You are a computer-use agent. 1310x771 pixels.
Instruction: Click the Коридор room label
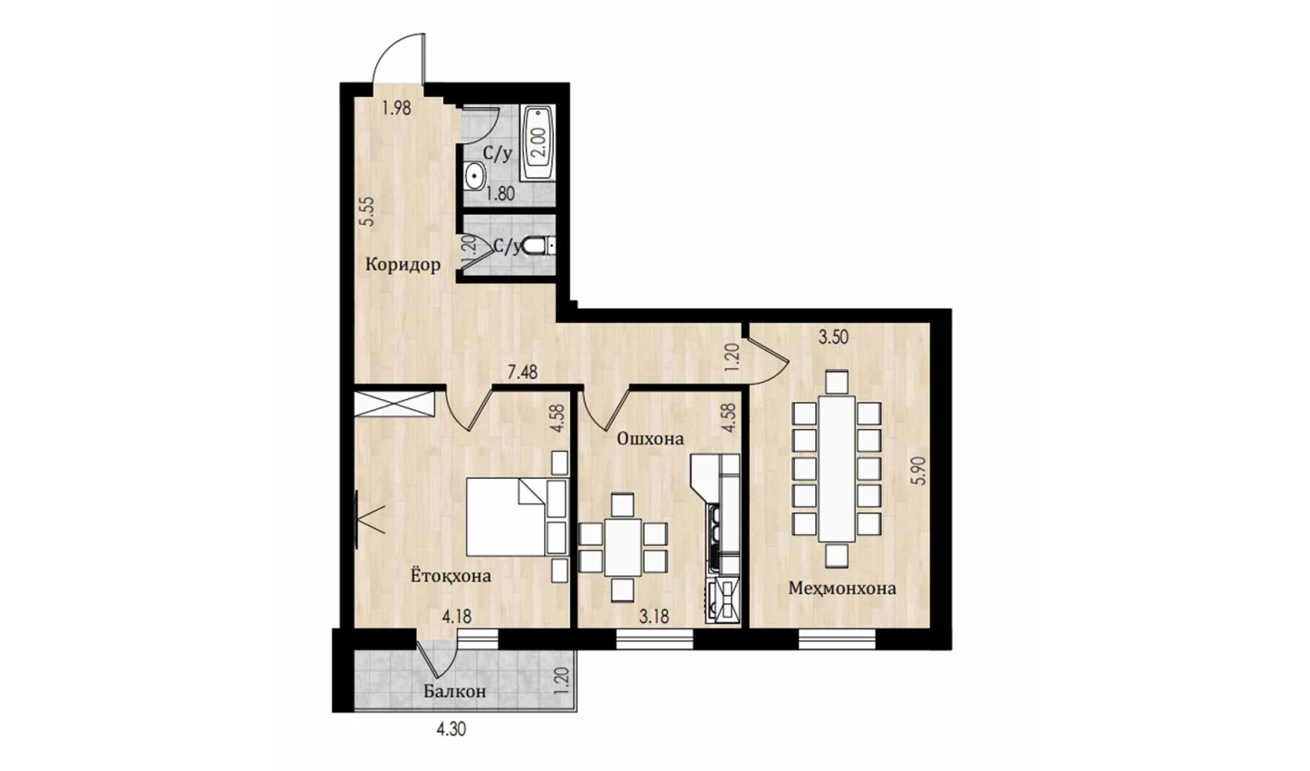point(403,265)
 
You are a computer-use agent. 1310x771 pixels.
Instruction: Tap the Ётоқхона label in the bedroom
point(451,576)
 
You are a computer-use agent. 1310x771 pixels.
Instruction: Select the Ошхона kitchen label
point(650,438)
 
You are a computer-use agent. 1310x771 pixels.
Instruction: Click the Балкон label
point(454,691)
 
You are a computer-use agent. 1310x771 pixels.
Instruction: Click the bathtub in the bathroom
point(537,142)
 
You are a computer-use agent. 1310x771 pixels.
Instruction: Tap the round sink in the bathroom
point(474,175)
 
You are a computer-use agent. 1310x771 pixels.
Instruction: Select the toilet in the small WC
point(537,247)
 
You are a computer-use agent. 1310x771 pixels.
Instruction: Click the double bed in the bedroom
point(517,517)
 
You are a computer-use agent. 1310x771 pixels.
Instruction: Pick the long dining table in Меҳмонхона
point(836,468)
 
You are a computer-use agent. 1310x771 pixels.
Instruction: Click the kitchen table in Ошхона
point(622,547)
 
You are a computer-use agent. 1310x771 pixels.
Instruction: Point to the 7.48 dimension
point(522,373)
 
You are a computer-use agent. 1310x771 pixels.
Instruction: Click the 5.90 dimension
point(920,471)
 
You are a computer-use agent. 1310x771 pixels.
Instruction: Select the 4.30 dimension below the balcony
point(451,729)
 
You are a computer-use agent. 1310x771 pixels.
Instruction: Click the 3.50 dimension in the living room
point(833,337)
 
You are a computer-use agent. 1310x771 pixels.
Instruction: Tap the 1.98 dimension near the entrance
point(396,108)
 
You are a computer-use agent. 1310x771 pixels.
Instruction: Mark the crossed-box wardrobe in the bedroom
point(394,405)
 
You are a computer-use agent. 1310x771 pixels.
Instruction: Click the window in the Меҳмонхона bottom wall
point(836,639)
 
